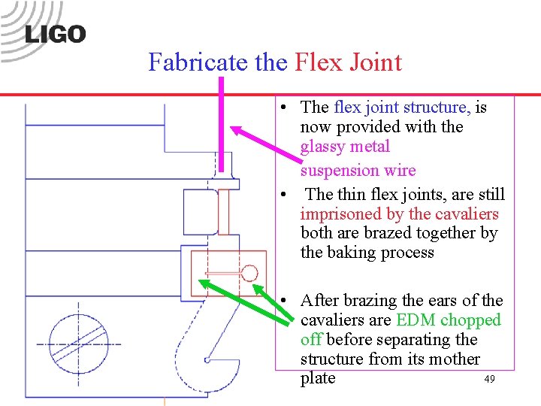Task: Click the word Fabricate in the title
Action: [199, 61]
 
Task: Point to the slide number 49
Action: [489, 380]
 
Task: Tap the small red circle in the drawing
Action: [249, 273]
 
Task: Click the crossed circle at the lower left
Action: [78, 343]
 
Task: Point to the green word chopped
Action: [470, 320]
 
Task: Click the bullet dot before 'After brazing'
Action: [286, 301]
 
